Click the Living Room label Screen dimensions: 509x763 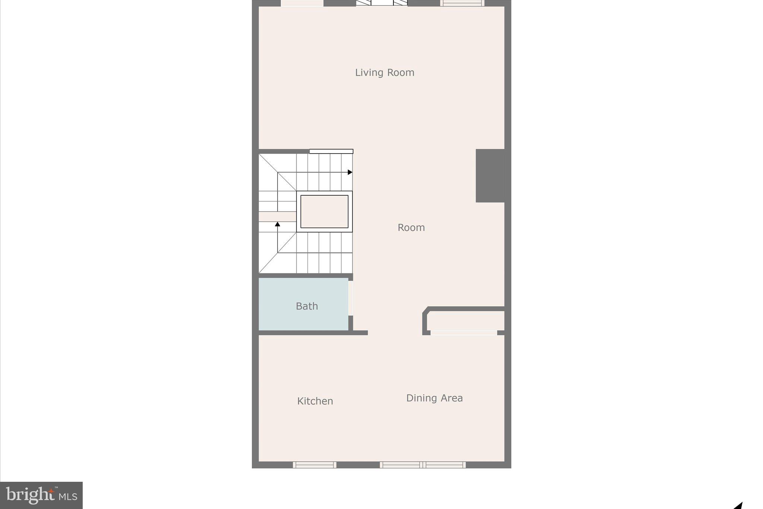pos(384,72)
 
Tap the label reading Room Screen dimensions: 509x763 pos(411,227)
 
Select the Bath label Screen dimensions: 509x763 pos(307,306)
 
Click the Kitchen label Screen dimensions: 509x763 pos(315,401)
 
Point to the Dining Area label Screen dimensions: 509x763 pos(434,398)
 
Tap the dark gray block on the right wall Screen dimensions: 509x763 pos(490,176)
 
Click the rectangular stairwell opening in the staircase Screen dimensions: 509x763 pos(324,211)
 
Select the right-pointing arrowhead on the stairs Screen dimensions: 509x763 pos(350,172)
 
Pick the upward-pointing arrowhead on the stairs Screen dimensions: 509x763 pos(277,224)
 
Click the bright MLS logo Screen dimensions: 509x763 pos(41,495)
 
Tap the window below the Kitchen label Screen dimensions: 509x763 pos(314,465)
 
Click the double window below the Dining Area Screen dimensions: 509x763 pos(422,465)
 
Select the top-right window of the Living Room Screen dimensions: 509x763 pos(462,3)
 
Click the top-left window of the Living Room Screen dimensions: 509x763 pos(302,3)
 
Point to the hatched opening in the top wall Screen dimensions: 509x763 pos(381,3)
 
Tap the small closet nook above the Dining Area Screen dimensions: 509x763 pos(466,320)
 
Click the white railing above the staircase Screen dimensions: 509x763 pos(331,151)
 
